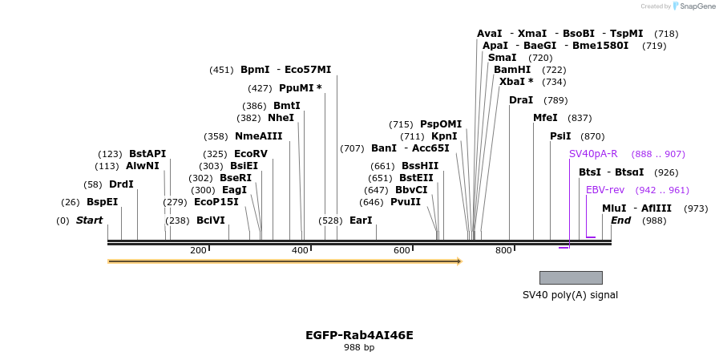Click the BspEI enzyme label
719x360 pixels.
tap(102, 202)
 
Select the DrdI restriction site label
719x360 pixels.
tap(121, 184)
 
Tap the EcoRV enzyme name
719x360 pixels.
tap(251, 154)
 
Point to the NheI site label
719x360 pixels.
tap(281, 118)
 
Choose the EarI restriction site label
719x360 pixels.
tap(361, 220)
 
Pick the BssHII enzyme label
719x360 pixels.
tap(420, 165)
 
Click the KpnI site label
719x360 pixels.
tap(444, 136)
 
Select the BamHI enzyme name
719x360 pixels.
tap(512, 70)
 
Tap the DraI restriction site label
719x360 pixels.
tap(521, 100)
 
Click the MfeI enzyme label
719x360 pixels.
tap(545, 118)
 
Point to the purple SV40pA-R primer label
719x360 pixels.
tap(593, 154)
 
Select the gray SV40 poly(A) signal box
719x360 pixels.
tap(571, 278)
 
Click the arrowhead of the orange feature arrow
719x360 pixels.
tap(459, 261)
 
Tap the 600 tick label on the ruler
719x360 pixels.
tap(402, 250)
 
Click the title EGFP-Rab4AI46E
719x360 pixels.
tap(359, 335)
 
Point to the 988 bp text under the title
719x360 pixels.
tap(359, 348)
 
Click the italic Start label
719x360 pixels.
tap(90, 220)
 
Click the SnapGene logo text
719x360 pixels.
tap(697, 6)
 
